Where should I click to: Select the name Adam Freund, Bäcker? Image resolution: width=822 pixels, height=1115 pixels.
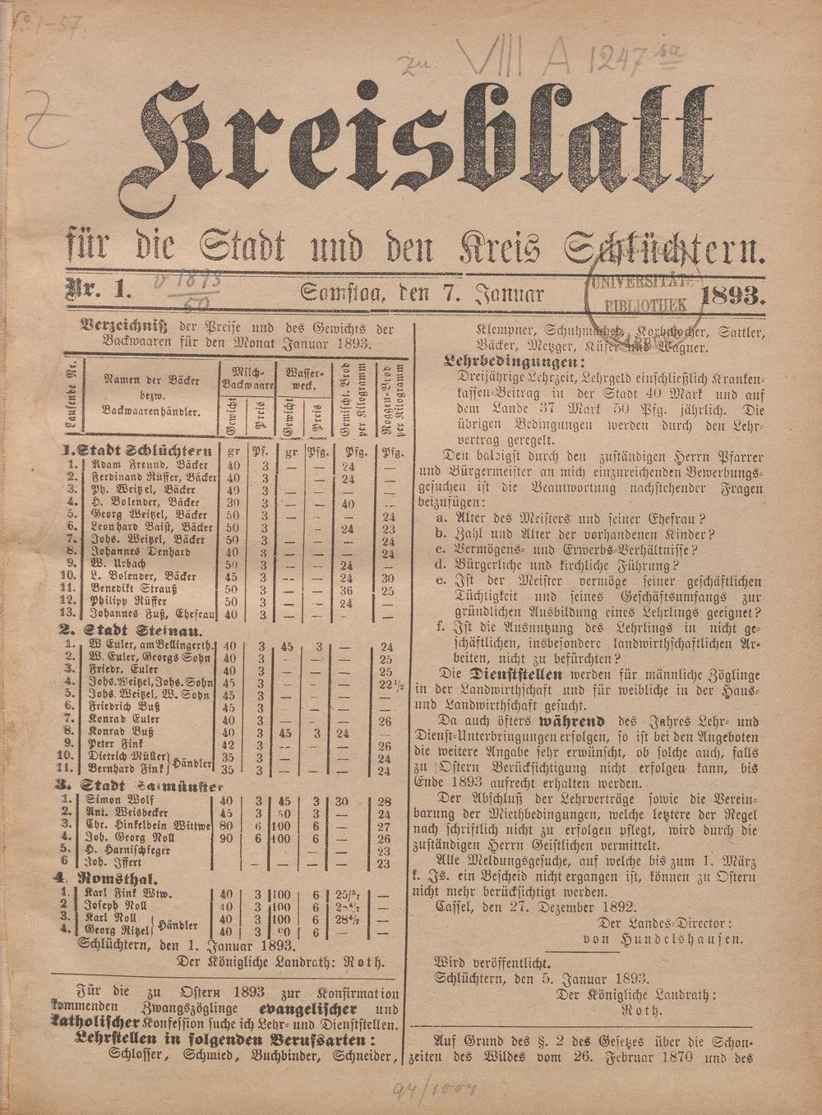(x=143, y=464)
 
